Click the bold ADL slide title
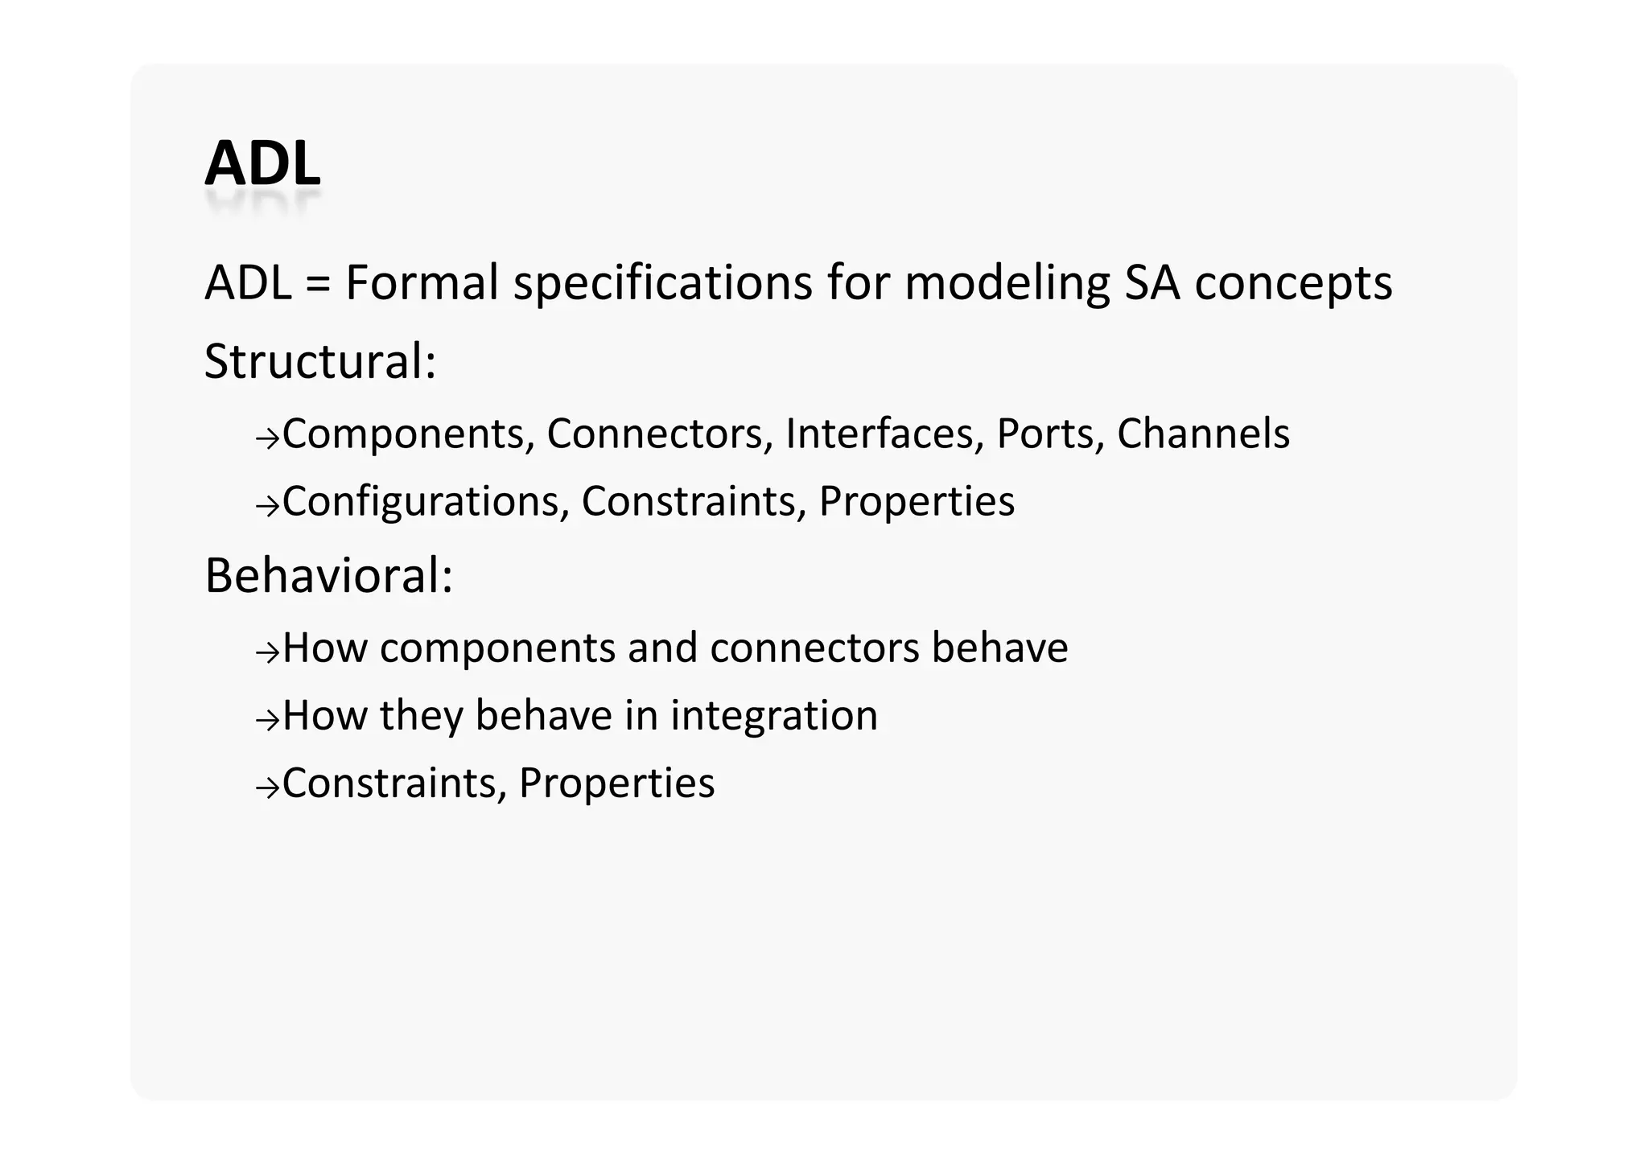(x=262, y=164)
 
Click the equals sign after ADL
(x=319, y=284)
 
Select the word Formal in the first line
(x=422, y=283)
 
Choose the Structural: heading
(x=319, y=361)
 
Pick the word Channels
(x=1203, y=434)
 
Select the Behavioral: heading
(x=328, y=576)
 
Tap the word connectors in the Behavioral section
(x=814, y=648)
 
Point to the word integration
(x=773, y=716)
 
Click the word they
(x=421, y=716)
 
